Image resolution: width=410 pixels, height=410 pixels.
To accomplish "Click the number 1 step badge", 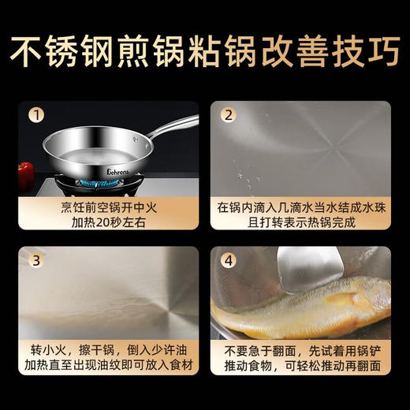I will click(35, 115).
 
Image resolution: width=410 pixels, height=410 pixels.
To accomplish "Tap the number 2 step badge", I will click(227, 115).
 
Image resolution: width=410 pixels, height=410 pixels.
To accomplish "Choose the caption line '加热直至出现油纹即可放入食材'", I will click(109, 368).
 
